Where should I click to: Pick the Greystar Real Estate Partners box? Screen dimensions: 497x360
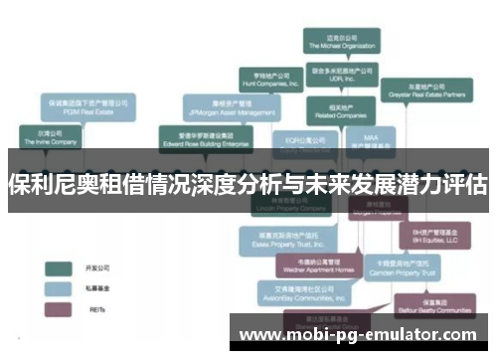pyautogui.click(x=425, y=91)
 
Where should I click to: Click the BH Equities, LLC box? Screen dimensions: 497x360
pyautogui.click(x=433, y=236)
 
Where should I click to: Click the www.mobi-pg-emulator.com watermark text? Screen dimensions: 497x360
pyautogui.click(x=359, y=335)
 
